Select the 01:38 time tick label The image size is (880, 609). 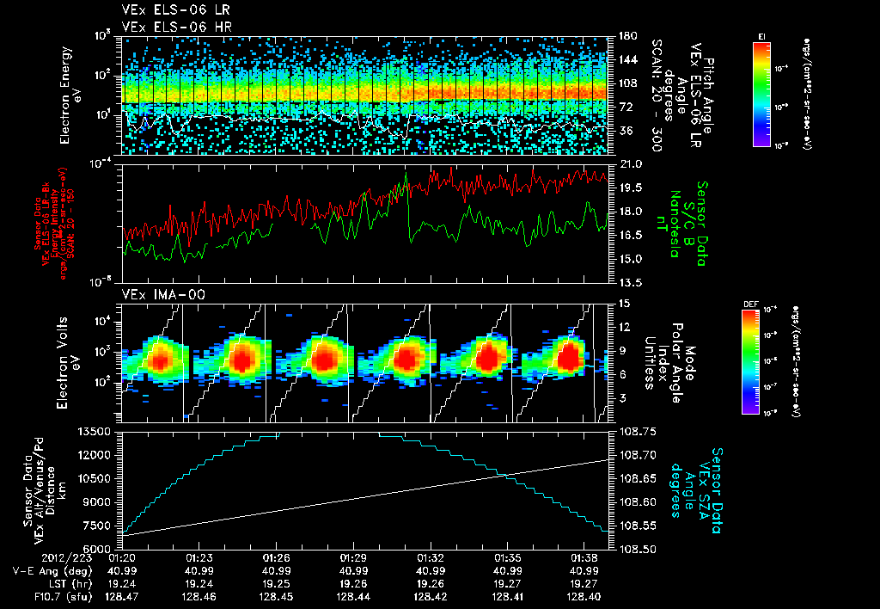point(584,557)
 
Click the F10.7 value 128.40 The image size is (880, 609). point(584,595)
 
